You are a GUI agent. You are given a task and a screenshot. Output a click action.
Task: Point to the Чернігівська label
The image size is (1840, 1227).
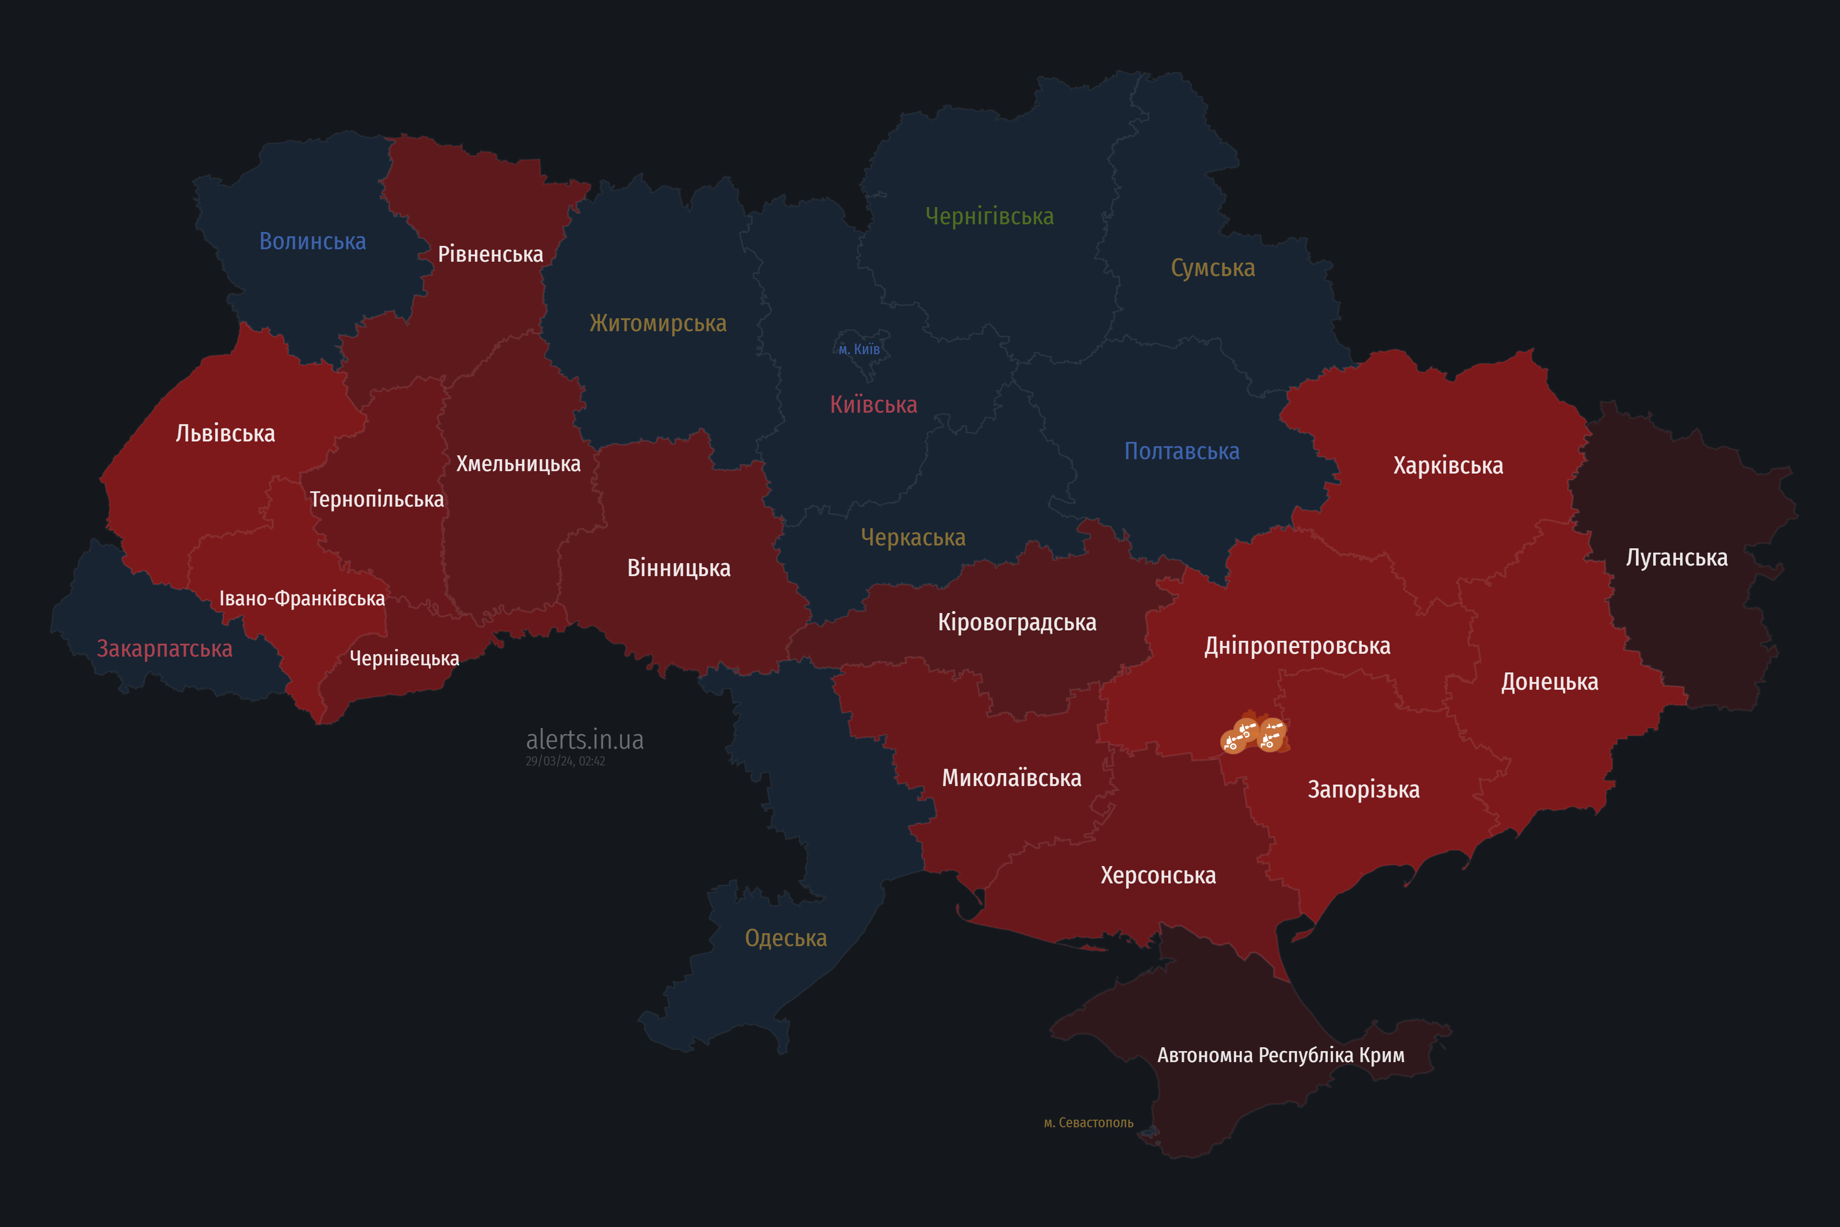pos(989,216)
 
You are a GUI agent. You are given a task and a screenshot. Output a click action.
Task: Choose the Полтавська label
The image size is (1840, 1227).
pos(1181,451)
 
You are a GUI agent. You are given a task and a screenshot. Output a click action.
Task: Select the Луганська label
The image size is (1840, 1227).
pos(1677,558)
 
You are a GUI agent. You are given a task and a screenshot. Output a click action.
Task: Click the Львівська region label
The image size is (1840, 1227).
pos(225,433)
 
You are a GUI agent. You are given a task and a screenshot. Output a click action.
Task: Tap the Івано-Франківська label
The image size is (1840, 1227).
pos(302,599)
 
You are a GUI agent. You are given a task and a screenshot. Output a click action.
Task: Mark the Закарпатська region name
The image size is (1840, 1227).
pos(164,648)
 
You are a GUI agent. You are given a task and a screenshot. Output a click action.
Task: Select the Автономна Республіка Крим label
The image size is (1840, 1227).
pos(1281,1055)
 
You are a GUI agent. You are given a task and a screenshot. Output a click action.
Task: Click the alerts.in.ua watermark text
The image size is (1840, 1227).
pos(585,740)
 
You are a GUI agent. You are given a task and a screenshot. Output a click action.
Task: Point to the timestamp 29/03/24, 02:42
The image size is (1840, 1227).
pos(565,762)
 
